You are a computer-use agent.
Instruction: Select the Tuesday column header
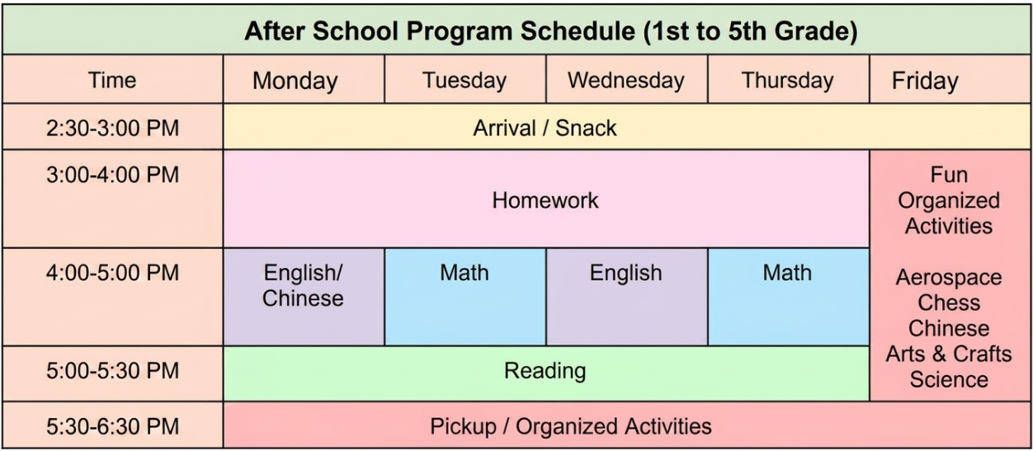tap(465, 80)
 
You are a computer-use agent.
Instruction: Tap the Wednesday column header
tap(625, 80)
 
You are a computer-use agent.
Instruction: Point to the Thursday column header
tap(787, 80)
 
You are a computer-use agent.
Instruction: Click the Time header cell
tap(112, 80)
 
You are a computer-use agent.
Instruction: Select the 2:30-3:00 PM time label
tap(112, 128)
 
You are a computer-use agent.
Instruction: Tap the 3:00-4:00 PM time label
tap(112, 175)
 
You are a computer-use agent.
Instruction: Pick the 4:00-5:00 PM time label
tap(112, 272)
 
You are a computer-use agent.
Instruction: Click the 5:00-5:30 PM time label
tap(112, 370)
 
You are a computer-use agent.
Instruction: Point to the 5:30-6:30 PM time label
tap(112, 426)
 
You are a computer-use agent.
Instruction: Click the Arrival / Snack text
tap(545, 128)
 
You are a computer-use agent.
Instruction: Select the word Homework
tap(545, 200)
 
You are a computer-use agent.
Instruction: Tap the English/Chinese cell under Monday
tap(304, 297)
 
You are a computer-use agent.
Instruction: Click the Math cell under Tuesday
tap(465, 297)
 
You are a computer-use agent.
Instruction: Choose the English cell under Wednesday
tap(626, 297)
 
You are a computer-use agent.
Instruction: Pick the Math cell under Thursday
tap(788, 297)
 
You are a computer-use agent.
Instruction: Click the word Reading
tap(545, 371)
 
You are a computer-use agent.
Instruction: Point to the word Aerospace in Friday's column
tap(949, 278)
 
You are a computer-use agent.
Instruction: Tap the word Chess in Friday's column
tap(949, 303)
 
